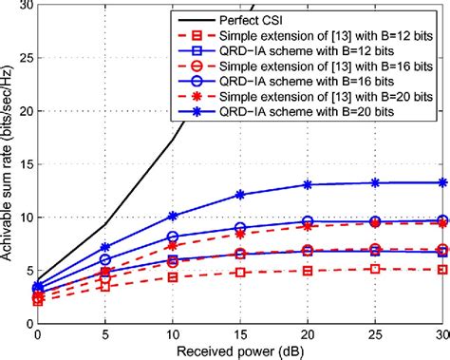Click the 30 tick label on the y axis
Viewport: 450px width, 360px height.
click(22, 6)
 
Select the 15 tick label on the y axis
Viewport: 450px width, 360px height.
click(22, 164)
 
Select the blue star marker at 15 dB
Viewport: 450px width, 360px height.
click(240, 195)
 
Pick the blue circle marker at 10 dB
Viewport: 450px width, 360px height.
click(173, 237)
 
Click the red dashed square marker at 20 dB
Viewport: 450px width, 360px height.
click(309, 270)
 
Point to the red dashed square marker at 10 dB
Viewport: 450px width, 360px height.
click(173, 277)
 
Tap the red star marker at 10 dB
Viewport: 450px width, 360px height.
click(173, 245)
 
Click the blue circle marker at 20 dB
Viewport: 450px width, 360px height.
click(309, 221)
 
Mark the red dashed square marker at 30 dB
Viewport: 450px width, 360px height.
click(444, 269)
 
